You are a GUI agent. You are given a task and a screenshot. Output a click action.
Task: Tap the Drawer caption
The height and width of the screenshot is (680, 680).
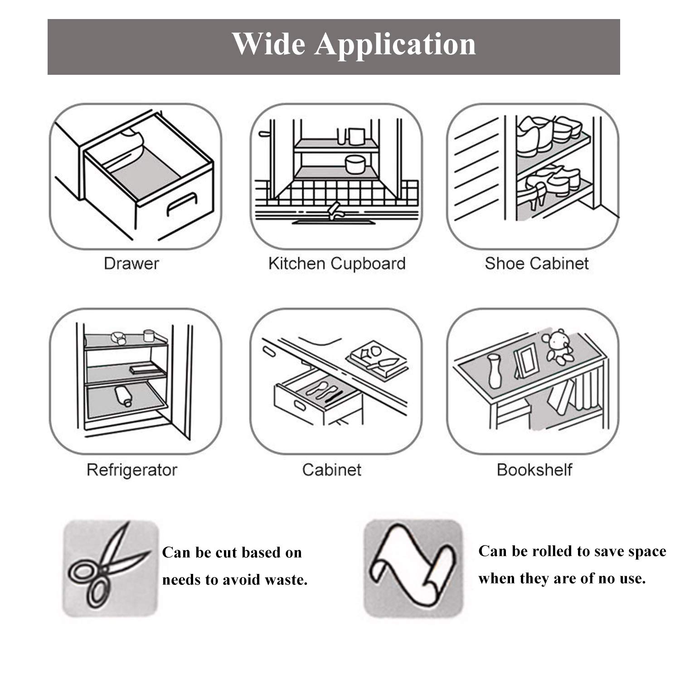coord(131,263)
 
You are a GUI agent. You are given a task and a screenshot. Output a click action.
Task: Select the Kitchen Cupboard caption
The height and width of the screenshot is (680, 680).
coord(336,263)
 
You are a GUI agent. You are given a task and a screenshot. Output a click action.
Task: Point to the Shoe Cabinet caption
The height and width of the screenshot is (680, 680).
coord(536,263)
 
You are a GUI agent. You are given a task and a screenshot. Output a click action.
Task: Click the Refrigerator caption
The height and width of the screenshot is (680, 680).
coord(131,470)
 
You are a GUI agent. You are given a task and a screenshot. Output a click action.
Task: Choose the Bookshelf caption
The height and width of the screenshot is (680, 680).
coord(534,470)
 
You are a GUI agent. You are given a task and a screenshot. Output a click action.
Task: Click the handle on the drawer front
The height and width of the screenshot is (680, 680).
coord(182,204)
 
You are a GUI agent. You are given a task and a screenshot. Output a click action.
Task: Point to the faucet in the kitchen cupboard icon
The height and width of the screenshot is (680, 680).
coord(335,210)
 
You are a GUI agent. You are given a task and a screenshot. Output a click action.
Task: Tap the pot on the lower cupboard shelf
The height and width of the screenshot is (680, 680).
coord(355,164)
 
